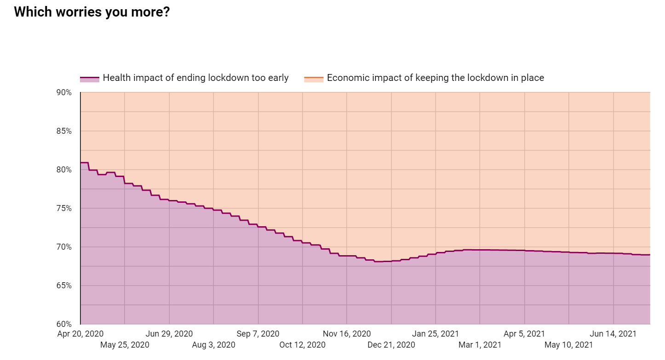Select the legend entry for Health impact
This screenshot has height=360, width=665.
pyautogui.click(x=195, y=78)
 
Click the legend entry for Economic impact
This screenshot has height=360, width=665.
pyautogui.click(x=435, y=78)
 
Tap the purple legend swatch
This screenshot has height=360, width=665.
pyautogui.click(x=90, y=79)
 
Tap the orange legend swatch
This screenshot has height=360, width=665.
pyautogui.click(x=314, y=79)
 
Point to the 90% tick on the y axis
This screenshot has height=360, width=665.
pyautogui.click(x=64, y=92)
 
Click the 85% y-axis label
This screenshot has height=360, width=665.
pyautogui.click(x=64, y=131)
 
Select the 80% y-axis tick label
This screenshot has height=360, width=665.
pyautogui.click(x=64, y=170)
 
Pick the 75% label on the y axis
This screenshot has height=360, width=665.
pyautogui.click(x=64, y=208)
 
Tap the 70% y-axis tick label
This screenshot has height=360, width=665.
pyautogui.click(x=64, y=247)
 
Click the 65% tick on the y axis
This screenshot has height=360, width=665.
pyautogui.click(x=64, y=286)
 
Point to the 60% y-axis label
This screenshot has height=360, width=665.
pyautogui.click(x=64, y=324)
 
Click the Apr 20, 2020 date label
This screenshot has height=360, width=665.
pyautogui.click(x=80, y=334)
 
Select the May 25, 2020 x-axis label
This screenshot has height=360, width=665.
pyautogui.click(x=125, y=345)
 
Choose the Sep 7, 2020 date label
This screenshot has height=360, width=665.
pyautogui.click(x=258, y=334)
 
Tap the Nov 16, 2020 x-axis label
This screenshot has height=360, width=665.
pyautogui.click(x=347, y=334)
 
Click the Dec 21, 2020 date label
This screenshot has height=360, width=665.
pyautogui.click(x=391, y=345)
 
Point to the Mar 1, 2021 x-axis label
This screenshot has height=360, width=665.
pyautogui.click(x=480, y=345)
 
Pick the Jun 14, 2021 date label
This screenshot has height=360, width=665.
pyautogui.click(x=613, y=334)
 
